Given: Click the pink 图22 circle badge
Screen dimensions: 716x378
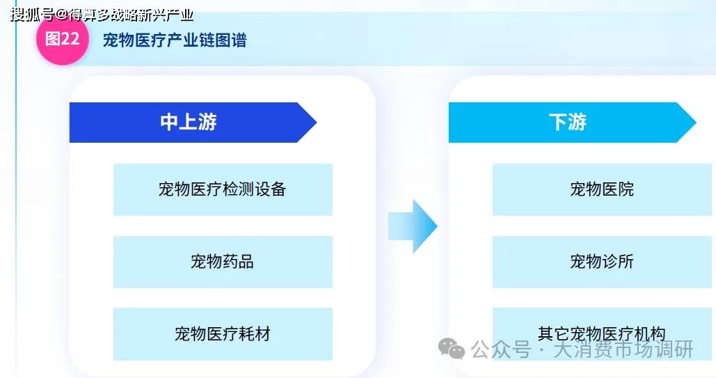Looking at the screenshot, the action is coord(63,39).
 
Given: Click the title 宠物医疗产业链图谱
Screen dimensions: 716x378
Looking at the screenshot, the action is coord(175,40).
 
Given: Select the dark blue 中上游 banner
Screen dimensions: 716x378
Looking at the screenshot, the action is coord(193,123).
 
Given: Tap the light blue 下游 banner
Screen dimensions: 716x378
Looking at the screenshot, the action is coord(572,123).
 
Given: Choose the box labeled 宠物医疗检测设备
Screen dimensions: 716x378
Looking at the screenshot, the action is coord(223,189).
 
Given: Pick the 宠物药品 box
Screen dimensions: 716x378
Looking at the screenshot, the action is coord(223,262).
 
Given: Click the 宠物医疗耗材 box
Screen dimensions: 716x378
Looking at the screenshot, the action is coord(223,334).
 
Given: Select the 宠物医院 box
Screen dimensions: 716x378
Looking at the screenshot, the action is coord(602,189).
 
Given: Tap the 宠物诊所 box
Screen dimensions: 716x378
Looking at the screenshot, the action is coord(602,262).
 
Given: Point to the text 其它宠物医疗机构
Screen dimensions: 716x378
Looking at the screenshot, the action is coord(601,333).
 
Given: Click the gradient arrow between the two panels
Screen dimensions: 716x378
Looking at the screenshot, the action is coord(413,226).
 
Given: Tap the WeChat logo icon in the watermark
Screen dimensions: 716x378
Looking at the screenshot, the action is coord(452,349).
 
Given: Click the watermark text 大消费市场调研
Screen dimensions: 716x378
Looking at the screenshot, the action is coord(623,350).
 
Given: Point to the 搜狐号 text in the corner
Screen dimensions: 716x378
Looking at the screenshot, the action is coord(31,15).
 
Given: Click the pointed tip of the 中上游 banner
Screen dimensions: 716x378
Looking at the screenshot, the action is coord(317,123).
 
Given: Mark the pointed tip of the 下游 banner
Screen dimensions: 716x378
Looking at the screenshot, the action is coord(696,123).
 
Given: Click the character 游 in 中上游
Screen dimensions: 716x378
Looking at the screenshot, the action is coord(207,122).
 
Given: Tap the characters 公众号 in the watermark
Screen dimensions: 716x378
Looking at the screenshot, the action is coord(501,350).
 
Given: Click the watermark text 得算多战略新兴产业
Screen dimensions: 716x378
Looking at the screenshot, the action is coord(131,15).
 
